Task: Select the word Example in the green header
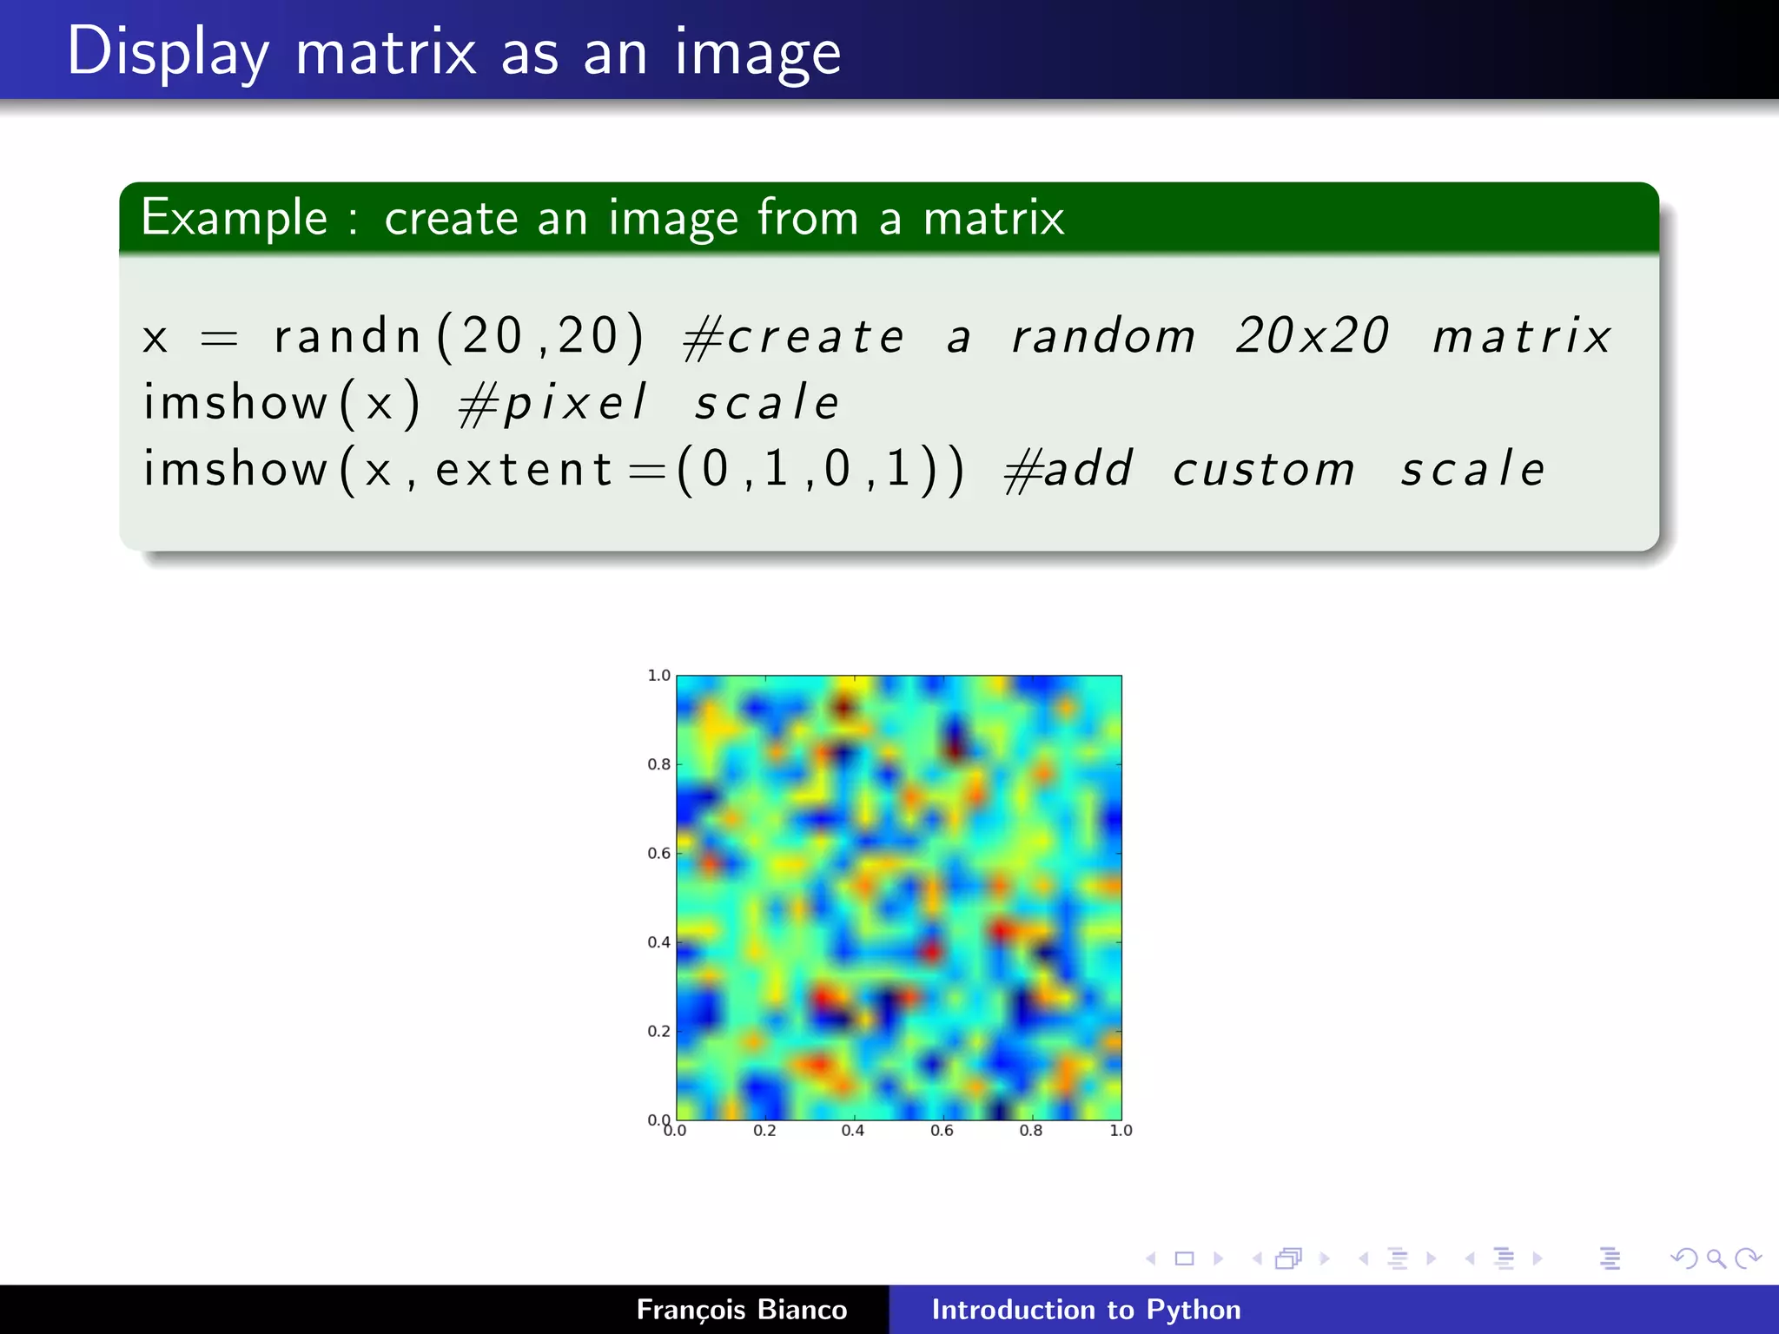(x=234, y=217)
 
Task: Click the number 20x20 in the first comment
(x=1312, y=336)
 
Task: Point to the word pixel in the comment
(x=575, y=403)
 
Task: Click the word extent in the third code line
(x=524, y=470)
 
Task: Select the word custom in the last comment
(x=1263, y=470)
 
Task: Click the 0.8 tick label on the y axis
(x=658, y=764)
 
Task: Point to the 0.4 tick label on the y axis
(x=658, y=942)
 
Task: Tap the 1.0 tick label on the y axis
(x=658, y=675)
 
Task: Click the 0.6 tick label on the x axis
(x=942, y=1131)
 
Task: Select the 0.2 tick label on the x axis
(x=764, y=1131)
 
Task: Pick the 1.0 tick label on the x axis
(x=1121, y=1131)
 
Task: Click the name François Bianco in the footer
(x=741, y=1310)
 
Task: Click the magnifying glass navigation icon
(x=1716, y=1258)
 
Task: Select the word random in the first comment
(x=1103, y=336)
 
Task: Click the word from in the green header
(x=807, y=217)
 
